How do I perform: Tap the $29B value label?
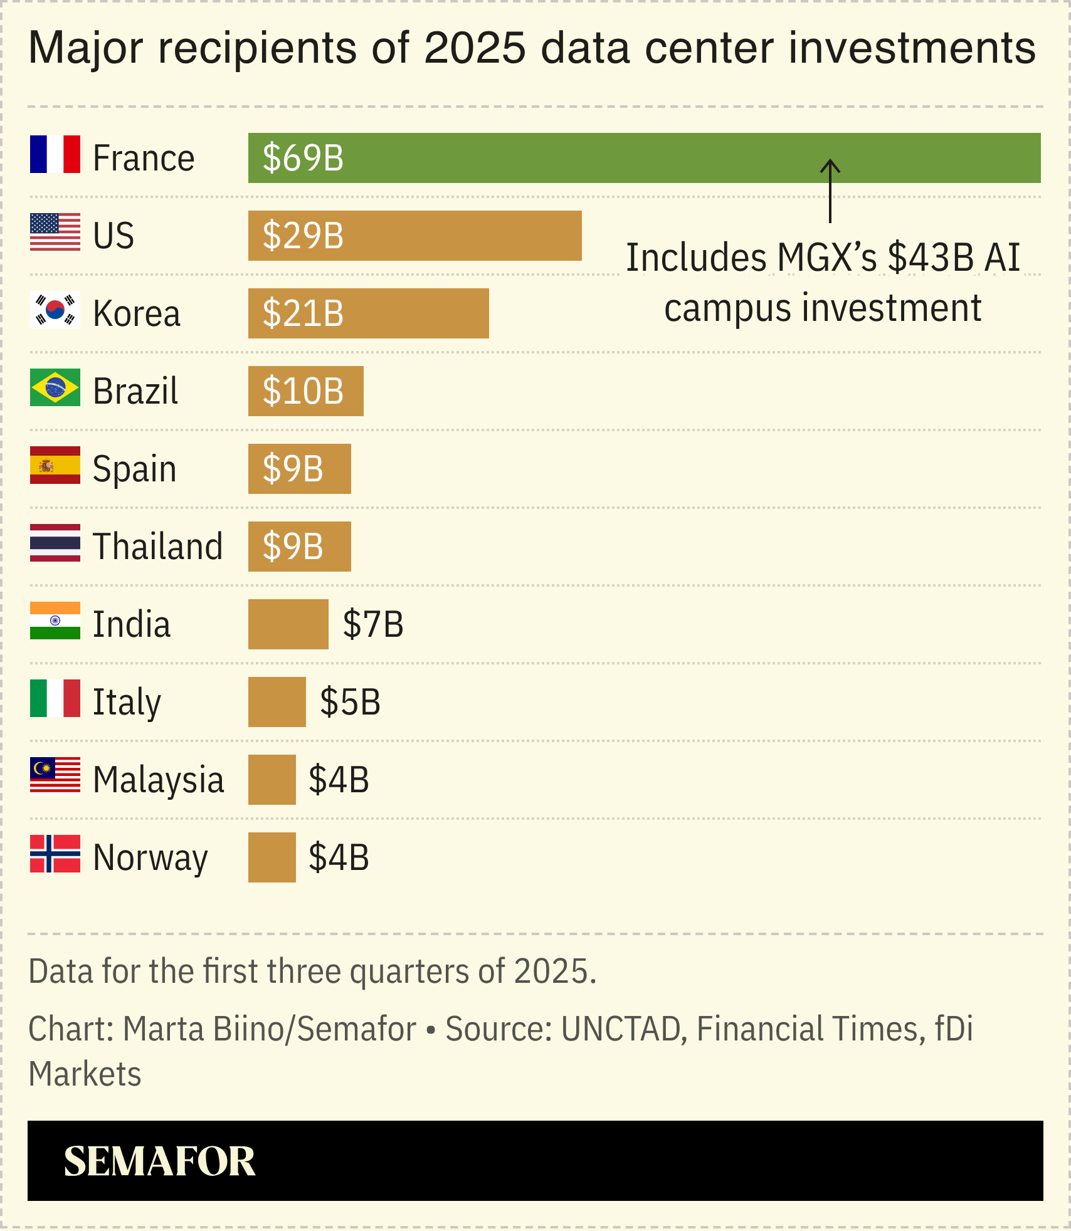[303, 236]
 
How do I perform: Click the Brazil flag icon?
[55, 387]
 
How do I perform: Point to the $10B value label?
[303, 391]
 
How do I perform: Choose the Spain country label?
[134, 469]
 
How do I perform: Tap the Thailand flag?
[55, 543]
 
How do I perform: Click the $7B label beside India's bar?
[373, 624]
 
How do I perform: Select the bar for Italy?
[277, 702]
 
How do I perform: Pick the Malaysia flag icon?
[55, 775]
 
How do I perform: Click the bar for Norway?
[272, 857]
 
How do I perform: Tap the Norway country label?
[150, 857]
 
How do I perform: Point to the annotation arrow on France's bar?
[830, 191]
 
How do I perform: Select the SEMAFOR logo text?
[159, 1161]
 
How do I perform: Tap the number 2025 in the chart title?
[475, 48]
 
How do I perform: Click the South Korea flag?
[55, 310]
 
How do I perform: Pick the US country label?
[113, 236]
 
